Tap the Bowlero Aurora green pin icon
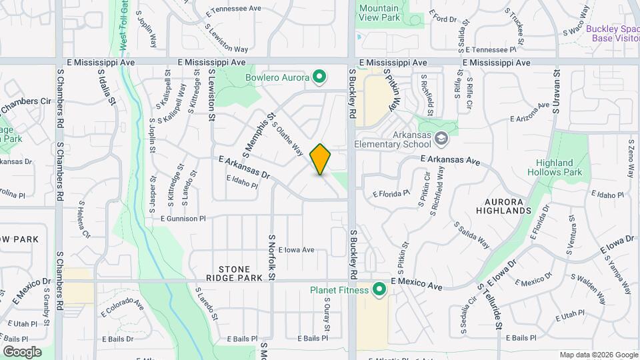319,77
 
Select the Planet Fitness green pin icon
380,290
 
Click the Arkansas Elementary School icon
440,139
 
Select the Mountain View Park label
379,13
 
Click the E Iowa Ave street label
296,250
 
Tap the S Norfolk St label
272,257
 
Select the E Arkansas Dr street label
244,167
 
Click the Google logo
22,351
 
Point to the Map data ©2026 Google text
598,355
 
